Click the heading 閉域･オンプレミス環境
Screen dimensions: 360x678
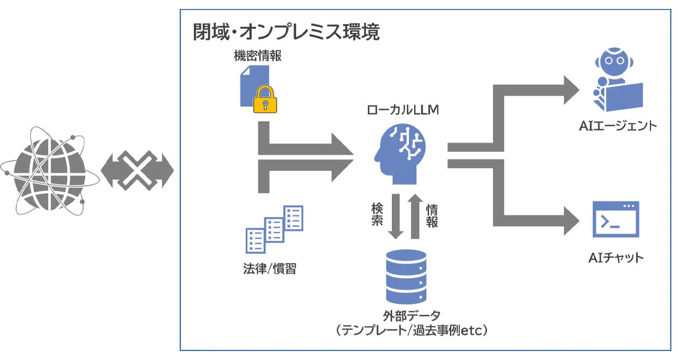point(286,33)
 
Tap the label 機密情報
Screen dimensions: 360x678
point(257,56)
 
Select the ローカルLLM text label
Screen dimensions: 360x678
point(404,110)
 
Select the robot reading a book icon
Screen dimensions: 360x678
point(616,79)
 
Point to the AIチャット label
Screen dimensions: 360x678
point(616,258)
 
